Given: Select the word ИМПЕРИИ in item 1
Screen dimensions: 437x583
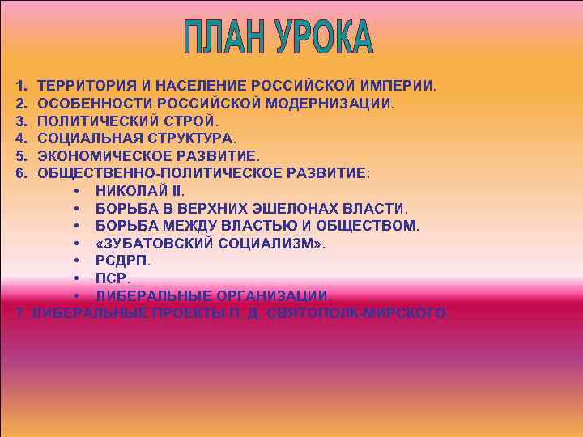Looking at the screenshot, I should coord(401,85).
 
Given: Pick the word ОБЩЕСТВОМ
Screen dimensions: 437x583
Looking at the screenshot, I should coord(368,225).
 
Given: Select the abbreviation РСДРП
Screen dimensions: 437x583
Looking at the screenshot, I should coord(121,261).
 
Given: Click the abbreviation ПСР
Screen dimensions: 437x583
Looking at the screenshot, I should coord(111,278).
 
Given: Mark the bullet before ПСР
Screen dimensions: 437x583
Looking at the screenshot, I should coord(75,278).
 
